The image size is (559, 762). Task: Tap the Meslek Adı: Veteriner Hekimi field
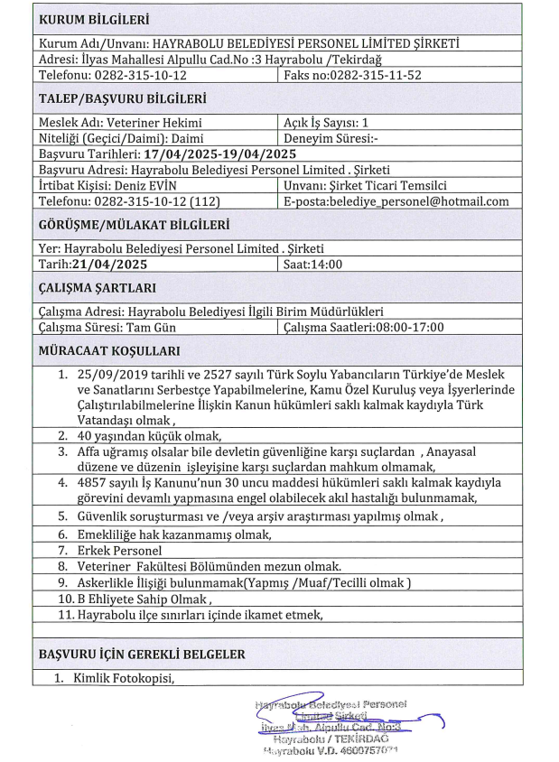point(121,122)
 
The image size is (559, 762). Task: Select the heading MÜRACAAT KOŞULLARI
point(109,350)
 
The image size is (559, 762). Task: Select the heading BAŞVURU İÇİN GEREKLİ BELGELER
point(144,652)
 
